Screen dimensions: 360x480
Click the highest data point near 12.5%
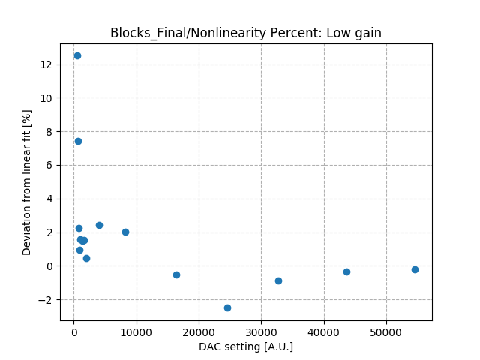click(77, 55)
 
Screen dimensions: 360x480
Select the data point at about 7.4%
click(78, 141)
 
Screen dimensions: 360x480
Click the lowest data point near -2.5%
click(227, 307)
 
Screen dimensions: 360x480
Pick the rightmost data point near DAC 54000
click(415, 269)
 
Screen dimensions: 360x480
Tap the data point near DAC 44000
click(346, 271)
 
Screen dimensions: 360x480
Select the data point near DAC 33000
click(278, 280)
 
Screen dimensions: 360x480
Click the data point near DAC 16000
click(176, 274)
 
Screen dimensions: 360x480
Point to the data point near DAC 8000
click(125, 232)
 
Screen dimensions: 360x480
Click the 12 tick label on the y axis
click(46, 64)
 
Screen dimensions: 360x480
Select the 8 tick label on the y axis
click(49, 132)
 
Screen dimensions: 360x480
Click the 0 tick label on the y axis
click(49, 266)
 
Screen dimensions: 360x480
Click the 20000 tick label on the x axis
click(199, 331)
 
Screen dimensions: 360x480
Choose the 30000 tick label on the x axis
click(261, 331)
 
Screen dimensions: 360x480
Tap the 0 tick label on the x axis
click(73, 331)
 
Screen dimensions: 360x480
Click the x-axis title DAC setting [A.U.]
click(246, 346)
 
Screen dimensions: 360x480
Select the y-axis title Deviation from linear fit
click(27, 182)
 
